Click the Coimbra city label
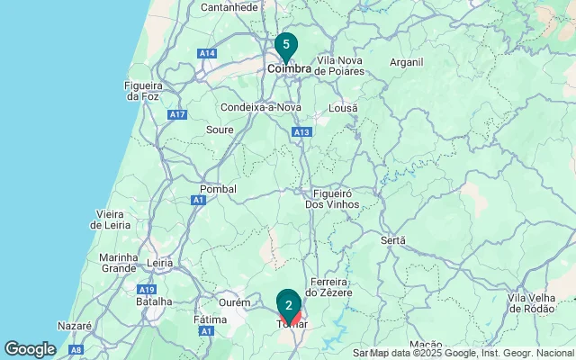pos(289,68)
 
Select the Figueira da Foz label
pos(142,91)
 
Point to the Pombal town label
pos(218,189)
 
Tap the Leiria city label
pos(159,264)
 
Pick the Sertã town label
pos(393,240)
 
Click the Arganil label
pos(407,62)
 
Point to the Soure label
pos(220,130)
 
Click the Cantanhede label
pos(229,7)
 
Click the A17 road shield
pos(176,114)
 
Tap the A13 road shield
pos(301,131)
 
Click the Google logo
pos(31,349)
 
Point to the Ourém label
pos(235,302)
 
